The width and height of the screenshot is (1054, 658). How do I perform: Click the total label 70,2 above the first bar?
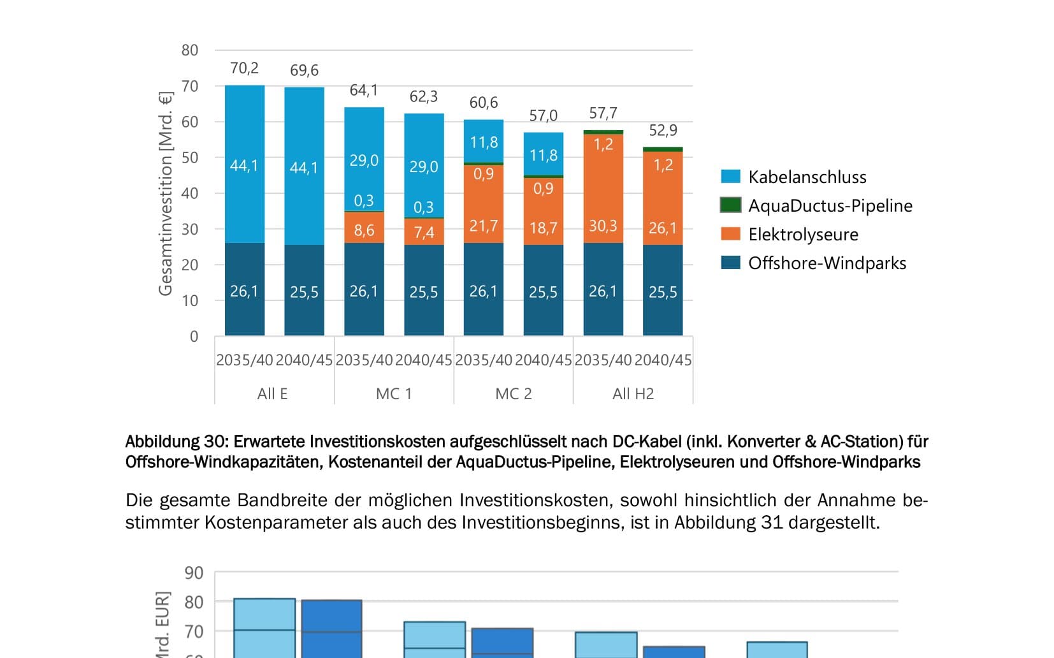pos(244,68)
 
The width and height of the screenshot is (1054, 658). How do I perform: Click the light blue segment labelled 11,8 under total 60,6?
pos(484,141)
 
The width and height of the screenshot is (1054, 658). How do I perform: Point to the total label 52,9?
pos(663,131)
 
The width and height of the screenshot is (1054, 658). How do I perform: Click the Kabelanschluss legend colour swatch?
pos(730,177)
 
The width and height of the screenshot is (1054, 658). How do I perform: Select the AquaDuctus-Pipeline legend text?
pos(830,206)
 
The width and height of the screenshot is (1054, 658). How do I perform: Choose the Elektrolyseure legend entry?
pos(803,235)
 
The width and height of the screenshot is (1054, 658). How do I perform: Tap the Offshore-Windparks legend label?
pos(827,263)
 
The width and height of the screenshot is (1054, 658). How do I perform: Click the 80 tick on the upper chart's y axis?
pos(190,50)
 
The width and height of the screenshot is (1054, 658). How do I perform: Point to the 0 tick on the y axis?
pos(194,337)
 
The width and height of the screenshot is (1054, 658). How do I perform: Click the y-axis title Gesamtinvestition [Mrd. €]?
pos(165,193)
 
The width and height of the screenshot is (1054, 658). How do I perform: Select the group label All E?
pos(273,394)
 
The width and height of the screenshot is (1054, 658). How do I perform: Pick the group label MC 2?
pos(513,394)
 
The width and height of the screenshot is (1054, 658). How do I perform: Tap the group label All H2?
pos(633,394)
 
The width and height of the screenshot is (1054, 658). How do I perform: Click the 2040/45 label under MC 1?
pos(424,360)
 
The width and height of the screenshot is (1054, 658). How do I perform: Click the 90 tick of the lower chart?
pos(194,573)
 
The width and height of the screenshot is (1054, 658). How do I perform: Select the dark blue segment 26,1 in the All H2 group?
pos(603,291)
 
